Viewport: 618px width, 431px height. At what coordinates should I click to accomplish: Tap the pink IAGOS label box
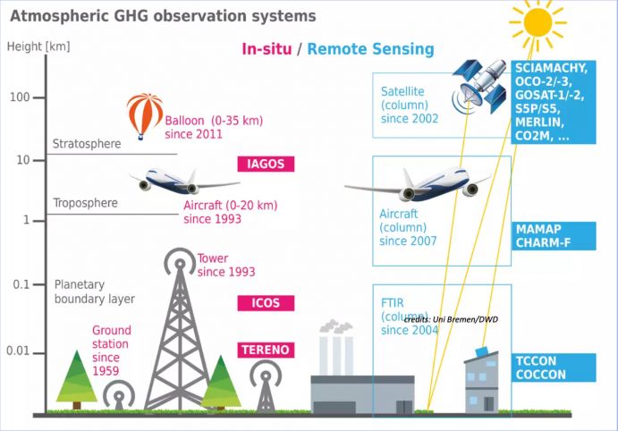(265, 164)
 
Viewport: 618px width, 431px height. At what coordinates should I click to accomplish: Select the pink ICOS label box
(266, 303)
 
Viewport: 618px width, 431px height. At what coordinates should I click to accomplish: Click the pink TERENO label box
(266, 350)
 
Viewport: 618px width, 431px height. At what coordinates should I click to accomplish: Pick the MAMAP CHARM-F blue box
(554, 236)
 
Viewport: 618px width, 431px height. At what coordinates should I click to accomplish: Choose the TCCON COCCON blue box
(554, 368)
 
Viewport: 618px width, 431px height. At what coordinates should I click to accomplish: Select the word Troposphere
(85, 203)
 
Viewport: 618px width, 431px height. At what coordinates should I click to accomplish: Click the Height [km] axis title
(38, 46)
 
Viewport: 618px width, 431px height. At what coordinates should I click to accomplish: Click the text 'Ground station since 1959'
(111, 350)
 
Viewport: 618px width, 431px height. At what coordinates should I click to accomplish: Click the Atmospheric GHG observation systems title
(162, 16)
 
